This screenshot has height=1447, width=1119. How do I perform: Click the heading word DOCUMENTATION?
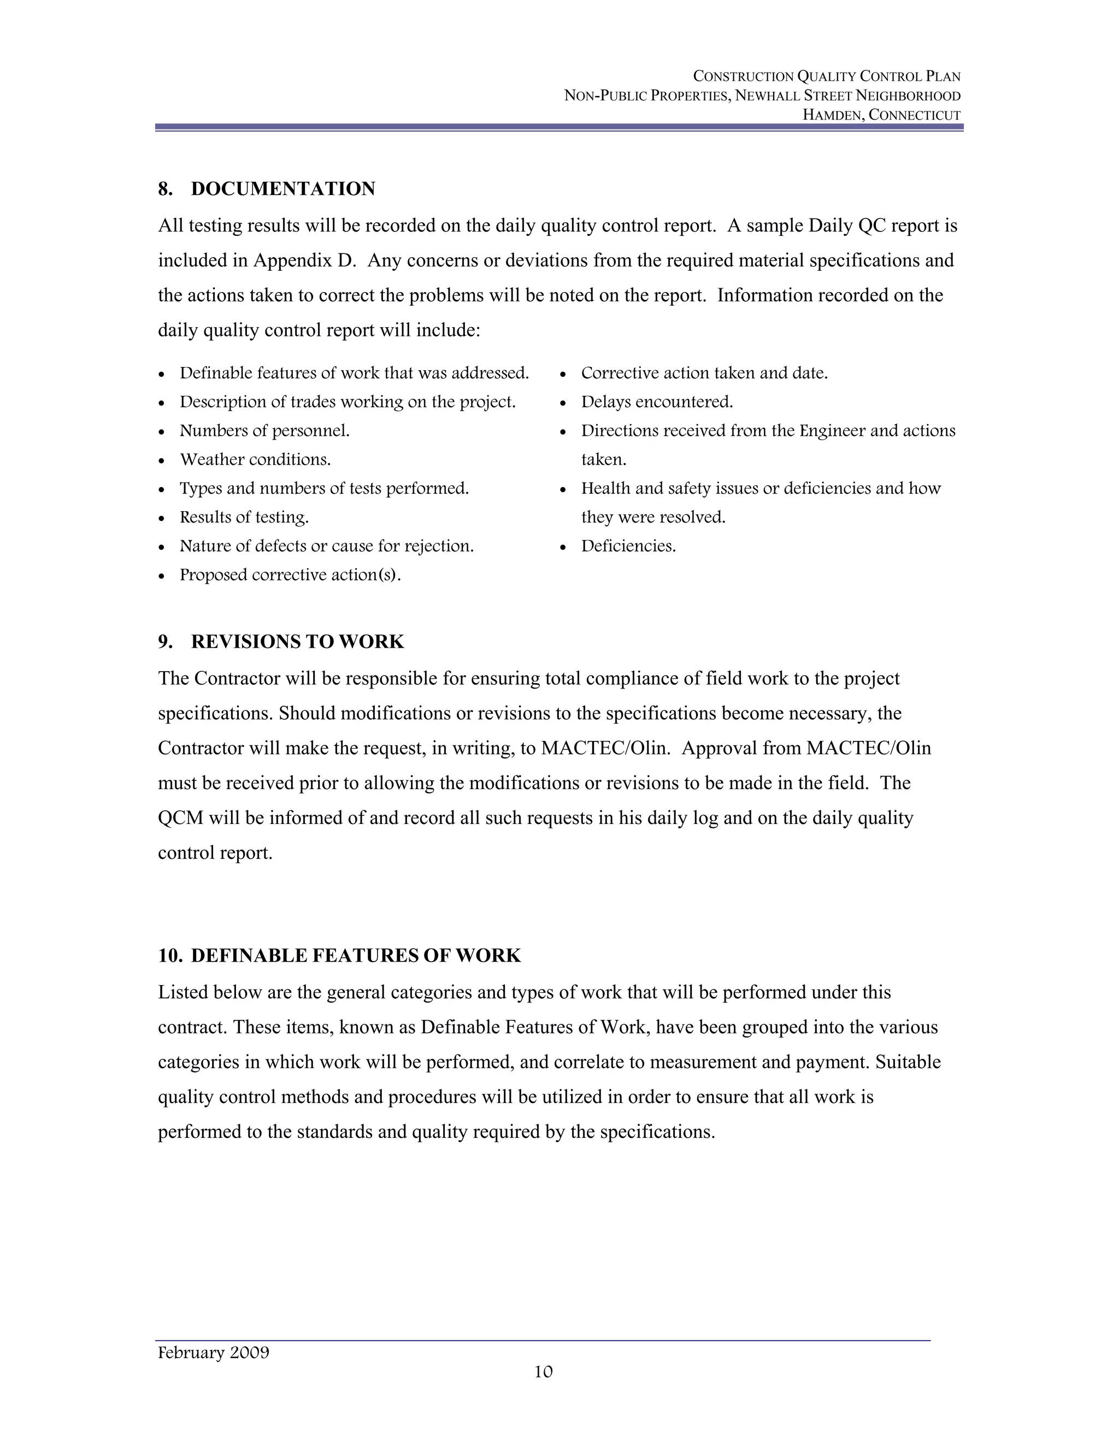(282, 189)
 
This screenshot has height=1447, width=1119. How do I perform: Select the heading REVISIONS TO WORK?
(297, 642)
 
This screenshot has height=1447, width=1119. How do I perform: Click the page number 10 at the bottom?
(543, 1372)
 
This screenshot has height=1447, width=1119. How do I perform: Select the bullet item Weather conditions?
(255, 459)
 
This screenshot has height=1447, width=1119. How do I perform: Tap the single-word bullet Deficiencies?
(628, 546)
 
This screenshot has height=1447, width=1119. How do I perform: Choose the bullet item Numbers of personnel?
(264, 431)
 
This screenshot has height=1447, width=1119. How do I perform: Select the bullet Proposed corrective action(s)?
(290, 574)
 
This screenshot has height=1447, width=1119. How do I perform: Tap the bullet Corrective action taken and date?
(704, 373)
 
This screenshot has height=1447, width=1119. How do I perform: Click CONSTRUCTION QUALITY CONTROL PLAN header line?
(826, 76)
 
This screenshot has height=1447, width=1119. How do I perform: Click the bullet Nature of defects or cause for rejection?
(326, 546)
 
